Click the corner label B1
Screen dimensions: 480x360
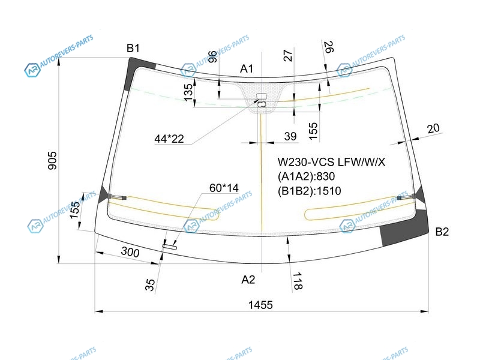pos(133,48)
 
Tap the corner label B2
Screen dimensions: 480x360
pos(442,232)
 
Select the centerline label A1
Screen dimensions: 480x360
pos(247,68)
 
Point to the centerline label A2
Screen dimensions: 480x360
pos(248,280)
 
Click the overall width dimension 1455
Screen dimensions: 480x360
pos(260,305)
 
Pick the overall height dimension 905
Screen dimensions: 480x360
pos(52,160)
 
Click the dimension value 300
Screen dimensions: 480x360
pos(130,251)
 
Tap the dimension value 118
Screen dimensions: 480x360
pos(298,281)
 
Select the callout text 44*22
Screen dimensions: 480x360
pos(169,139)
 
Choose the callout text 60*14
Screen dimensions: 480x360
pos(224,188)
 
